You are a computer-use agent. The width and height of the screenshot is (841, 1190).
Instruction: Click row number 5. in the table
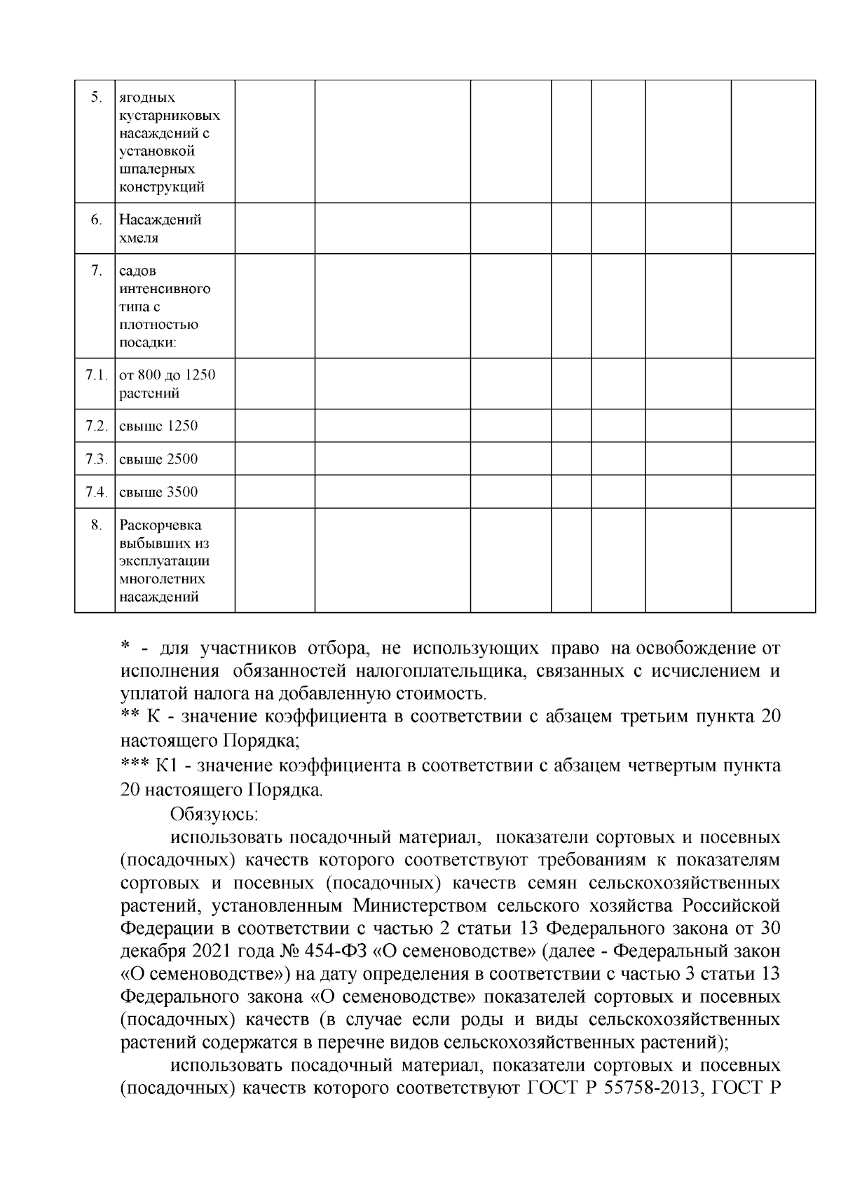[x=97, y=97]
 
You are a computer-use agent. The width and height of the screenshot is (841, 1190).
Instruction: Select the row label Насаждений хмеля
[x=160, y=229]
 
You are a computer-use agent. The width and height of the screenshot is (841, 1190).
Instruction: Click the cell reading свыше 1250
[x=158, y=426]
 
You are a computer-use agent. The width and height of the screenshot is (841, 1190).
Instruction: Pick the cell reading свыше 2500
[x=158, y=459]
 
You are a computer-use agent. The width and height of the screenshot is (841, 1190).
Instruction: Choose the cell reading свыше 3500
[x=158, y=492]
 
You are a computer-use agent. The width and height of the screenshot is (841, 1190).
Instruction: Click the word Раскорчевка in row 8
[x=160, y=525]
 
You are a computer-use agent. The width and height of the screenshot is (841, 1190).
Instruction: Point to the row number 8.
[x=97, y=525]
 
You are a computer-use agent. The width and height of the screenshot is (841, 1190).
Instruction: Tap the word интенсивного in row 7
[x=165, y=289]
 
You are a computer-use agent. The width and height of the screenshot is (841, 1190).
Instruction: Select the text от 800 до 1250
[x=167, y=374]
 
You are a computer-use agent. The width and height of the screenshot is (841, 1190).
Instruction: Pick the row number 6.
[x=97, y=219]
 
